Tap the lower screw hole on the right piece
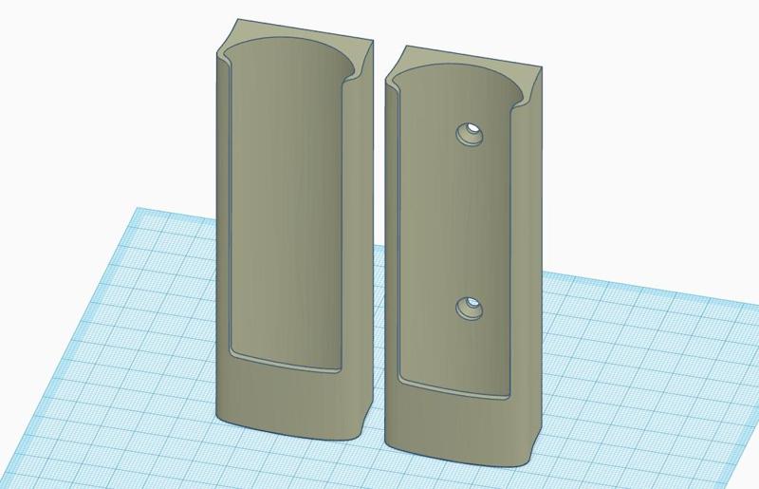(x=469, y=308)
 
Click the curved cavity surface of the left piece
(x=285, y=209)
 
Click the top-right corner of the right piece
(x=542, y=65)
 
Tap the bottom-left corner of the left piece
(x=219, y=418)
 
